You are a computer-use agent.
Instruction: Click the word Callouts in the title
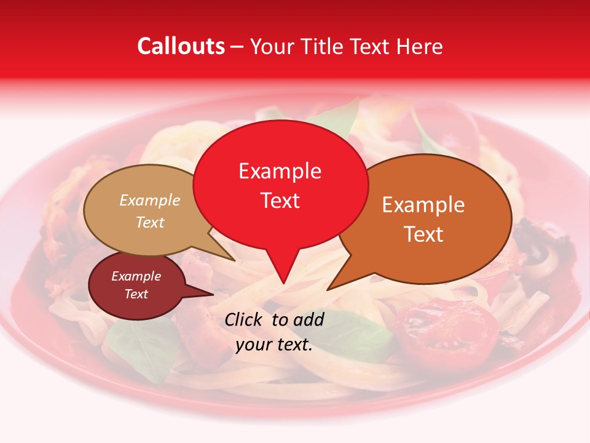pos(181,46)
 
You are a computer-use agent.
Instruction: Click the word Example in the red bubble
pos(280,171)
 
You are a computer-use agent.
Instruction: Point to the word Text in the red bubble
pos(280,201)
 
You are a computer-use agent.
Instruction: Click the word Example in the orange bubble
pos(423,205)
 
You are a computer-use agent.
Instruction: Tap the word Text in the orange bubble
pos(423,234)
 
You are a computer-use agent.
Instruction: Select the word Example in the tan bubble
pos(150,200)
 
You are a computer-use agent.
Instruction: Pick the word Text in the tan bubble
pos(150,222)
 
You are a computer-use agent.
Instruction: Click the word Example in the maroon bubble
pos(136,276)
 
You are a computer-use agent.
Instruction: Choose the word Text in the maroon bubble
pos(136,294)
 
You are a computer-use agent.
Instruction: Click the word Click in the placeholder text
pos(245,319)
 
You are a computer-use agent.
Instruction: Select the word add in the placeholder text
pos(309,319)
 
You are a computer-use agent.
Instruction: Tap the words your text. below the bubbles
pos(274,345)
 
